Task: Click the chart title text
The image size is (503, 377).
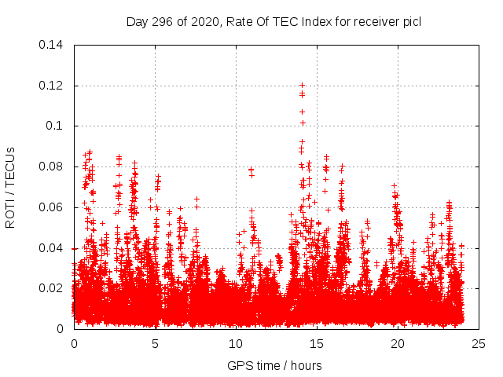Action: (274, 21)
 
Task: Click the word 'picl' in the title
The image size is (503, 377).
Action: (410, 21)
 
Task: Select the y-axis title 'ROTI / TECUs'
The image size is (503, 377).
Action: (10, 187)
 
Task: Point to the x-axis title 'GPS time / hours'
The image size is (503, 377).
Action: (274, 365)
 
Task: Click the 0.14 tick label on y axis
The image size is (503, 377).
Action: (52, 45)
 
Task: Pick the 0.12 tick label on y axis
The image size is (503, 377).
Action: (52, 86)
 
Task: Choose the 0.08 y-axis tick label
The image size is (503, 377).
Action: (52, 167)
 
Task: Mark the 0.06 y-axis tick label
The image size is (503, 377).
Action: (52, 207)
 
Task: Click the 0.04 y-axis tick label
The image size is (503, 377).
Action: (52, 248)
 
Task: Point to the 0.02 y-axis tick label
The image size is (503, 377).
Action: (52, 288)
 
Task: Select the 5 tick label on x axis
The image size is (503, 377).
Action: (155, 344)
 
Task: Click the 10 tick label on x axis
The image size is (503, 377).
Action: (236, 344)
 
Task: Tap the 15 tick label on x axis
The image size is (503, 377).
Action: (317, 344)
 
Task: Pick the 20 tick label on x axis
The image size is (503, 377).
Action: (398, 344)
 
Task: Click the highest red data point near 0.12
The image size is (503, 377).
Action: (302, 85)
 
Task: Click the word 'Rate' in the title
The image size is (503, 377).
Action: (239, 21)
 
